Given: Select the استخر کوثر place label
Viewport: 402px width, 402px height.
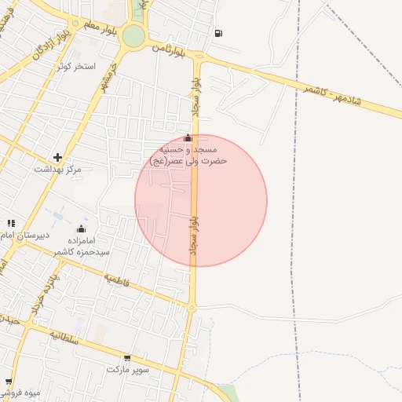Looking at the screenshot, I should click(x=76, y=66).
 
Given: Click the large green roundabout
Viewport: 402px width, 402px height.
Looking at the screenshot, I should click(x=133, y=35).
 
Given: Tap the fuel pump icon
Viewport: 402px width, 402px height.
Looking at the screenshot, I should click(x=217, y=33).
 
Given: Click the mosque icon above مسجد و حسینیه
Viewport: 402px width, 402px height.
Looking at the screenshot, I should click(x=187, y=138).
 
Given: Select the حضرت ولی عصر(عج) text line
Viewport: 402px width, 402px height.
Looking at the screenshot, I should click(x=188, y=160).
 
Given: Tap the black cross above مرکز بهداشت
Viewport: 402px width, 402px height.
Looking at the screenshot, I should click(x=57, y=157).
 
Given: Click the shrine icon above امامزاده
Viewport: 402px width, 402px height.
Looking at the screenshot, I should click(x=81, y=229).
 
